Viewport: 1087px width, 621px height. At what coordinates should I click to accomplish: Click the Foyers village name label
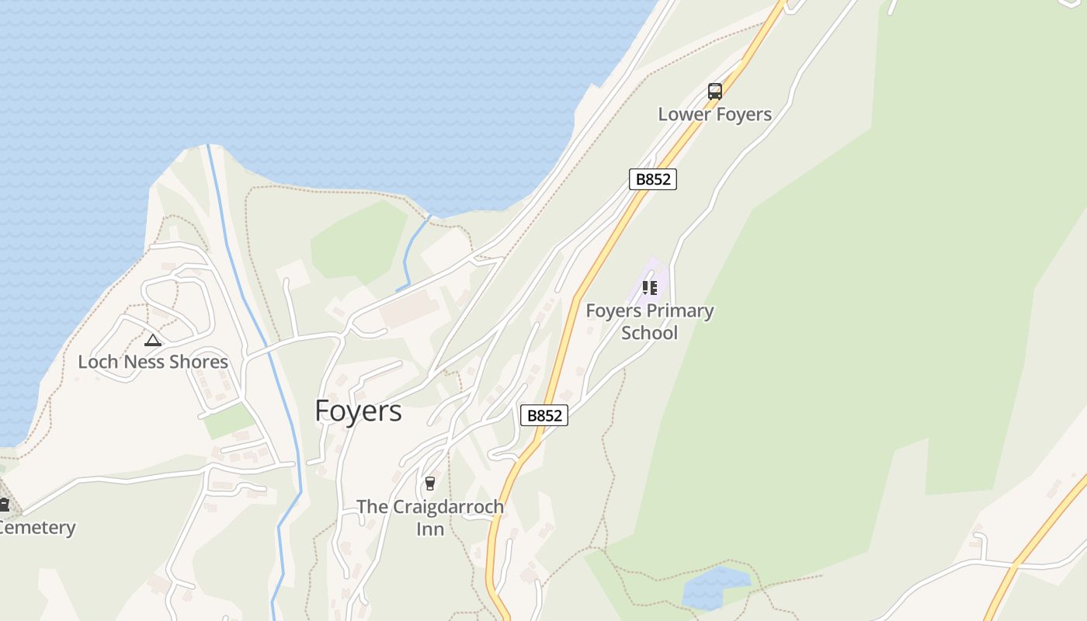(x=358, y=411)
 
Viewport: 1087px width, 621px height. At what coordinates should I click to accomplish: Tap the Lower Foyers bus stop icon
(x=714, y=92)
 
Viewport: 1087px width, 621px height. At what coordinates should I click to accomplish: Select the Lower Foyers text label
(x=714, y=114)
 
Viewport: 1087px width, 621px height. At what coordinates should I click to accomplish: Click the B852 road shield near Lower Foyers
(x=652, y=179)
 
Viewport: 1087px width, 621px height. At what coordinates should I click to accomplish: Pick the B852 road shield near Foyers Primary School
(x=543, y=415)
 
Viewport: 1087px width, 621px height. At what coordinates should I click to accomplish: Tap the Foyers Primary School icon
(x=650, y=289)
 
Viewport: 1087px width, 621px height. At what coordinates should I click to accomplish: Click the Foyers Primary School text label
(x=649, y=321)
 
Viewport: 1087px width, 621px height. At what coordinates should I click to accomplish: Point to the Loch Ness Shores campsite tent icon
(x=153, y=340)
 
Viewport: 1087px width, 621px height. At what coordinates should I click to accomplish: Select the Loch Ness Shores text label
(x=153, y=362)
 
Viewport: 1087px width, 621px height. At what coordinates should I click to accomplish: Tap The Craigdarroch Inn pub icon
(x=429, y=484)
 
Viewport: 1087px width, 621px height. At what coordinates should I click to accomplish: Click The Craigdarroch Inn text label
(x=429, y=517)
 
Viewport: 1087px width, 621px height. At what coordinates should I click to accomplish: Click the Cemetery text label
(x=37, y=528)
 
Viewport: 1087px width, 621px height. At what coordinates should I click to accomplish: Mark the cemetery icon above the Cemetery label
(x=3, y=505)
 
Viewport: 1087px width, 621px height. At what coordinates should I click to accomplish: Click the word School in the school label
(x=649, y=333)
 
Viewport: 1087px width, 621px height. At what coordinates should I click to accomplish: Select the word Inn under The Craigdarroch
(x=429, y=529)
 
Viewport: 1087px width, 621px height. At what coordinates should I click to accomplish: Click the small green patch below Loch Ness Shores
(x=228, y=421)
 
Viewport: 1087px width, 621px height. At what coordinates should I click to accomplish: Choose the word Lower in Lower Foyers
(x=684, y=114)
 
